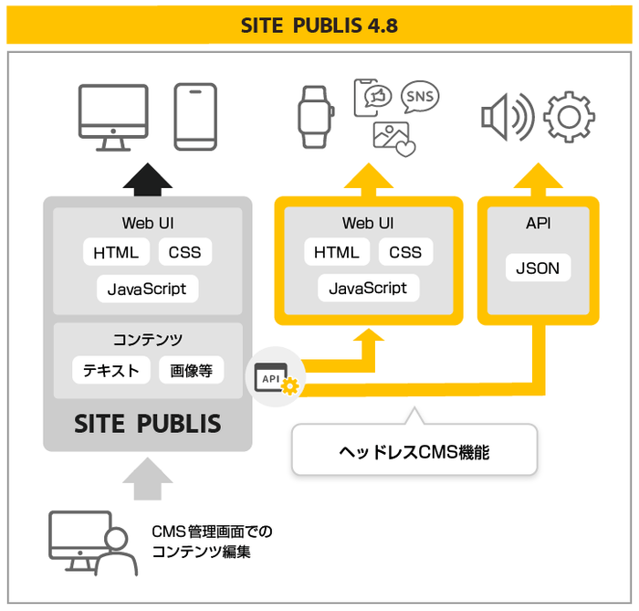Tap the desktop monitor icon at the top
pyautogui.click(x=113, y=116)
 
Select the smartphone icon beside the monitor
pyautogui.click(x=195, y=117)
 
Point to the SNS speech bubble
pyautogui.click(x=420, y=96)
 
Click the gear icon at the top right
pyautogui.click(x=569, y=117)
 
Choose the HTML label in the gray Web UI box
pyautogui.click(x=116, y=253)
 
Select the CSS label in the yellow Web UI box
pyautogui.click(x=405, y=253)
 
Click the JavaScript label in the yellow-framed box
pyautogui.click(x=368, y=288)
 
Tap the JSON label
pyautogui.click(x=539, y=269)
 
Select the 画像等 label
pyautogui.click(x=191, y=370)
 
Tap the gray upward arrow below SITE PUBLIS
pyautogui.click(x=147, y=478)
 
